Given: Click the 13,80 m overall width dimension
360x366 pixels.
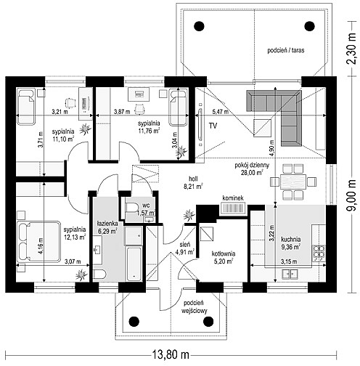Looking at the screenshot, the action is (x=171, y=355).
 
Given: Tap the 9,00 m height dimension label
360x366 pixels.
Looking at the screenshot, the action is (x=352, y=195).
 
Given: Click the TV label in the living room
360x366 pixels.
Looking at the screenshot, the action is (x=213, y=126).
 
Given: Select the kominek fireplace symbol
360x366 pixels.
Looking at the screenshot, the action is (x=233, y=208).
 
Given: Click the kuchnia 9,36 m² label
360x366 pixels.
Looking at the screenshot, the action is (x=291, y=243).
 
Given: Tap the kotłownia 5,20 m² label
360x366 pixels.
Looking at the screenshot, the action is (x=224, y=257).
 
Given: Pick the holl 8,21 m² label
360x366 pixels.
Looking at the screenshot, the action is (x=195, y=182).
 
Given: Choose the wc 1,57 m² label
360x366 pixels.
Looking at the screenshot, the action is (x=146, y=209).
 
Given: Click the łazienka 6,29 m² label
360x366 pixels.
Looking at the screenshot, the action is (x=107, y=227).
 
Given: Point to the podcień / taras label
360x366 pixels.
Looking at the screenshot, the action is (x=286, y=50).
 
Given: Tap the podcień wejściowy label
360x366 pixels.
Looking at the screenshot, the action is (x=195, y=307).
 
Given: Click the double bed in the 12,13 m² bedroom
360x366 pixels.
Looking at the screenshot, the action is (x=38, y=241).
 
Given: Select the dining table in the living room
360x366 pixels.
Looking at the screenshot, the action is (x=293, y=182).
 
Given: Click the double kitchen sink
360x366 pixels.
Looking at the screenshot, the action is (x=290, y=274).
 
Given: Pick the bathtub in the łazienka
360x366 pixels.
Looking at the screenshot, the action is (x=134, y=264).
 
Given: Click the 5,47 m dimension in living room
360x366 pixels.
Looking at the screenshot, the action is (x=220, y=112).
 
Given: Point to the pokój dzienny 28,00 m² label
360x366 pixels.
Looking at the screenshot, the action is (x=252, y=168).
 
